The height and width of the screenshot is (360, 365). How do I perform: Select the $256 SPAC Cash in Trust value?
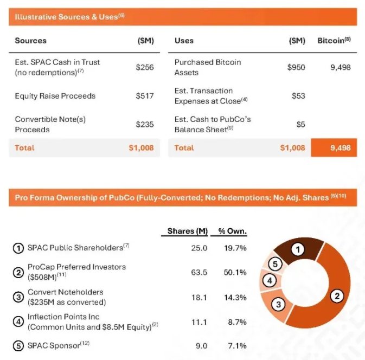pyautogui.click(x=145, y=67)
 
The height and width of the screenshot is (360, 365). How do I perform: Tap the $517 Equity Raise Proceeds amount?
pyautogui.click(x=145, y=96)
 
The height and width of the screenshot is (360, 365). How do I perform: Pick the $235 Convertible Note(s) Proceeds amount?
pyautogui.click(x=145, y=124)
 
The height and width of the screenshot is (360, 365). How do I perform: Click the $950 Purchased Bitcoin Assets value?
pyautogui.click(x=296, y=67)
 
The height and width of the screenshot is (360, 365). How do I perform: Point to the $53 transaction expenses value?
pyautogui.click(x=298, y=96)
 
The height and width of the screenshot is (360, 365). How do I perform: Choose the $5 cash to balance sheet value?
pyautogui.click(x=300, y=124)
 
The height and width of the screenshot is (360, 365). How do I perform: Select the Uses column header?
pyautogui.click(x=184, y=41)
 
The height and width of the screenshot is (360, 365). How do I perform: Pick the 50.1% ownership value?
pyautogui.click(x=235, y=272)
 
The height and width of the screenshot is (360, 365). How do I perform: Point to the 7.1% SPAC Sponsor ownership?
pyautogui.click(x=237, y=345)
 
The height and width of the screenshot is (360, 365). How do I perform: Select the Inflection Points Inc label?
pyautogui.click(x=63, y=317)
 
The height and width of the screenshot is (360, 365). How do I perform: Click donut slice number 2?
pyautogui.click(x=337, y=296)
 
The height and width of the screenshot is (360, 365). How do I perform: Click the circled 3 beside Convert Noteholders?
pyautogui.click(x=18, y=297)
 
